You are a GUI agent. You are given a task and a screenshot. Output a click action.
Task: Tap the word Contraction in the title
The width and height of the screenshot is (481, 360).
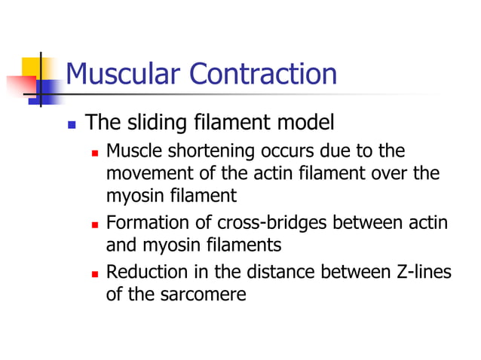263,75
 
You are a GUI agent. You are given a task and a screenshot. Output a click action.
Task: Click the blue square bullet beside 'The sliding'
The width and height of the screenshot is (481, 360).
72,123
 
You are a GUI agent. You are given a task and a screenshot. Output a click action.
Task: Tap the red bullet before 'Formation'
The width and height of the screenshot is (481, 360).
95,224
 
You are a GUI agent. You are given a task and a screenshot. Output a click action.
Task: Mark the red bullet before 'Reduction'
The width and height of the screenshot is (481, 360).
95,273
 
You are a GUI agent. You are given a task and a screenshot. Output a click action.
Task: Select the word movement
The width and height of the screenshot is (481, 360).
144,174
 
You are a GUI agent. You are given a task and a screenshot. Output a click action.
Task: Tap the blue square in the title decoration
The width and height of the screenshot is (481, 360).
48,90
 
